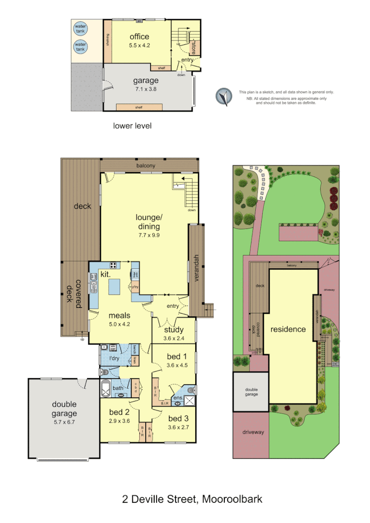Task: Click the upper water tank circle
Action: (80, 29)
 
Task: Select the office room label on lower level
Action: (139, 37)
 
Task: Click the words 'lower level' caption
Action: (132, 126)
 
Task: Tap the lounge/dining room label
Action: (149, 222)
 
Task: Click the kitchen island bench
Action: (115, 286)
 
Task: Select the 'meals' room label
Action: (119, 315)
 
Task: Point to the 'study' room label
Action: (173, 330)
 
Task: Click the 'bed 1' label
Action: (173, 357)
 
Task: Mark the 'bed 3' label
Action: (178, 419)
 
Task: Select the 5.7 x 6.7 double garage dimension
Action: (64, 422)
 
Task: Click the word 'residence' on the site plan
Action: (288, 329)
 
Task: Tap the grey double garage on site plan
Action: (251, 392)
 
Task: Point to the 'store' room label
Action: (193, 48)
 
